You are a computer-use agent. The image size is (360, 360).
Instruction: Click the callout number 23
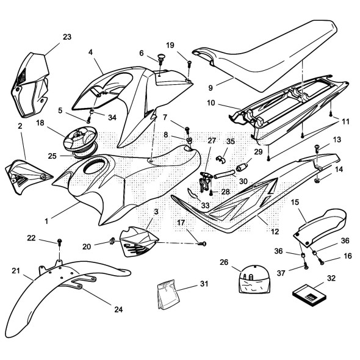pyautogui.click(x=67, y=37)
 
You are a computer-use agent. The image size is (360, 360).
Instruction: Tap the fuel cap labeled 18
pyautogui.click(x=81, y=140)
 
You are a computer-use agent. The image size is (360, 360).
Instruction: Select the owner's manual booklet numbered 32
pyautogui.click(x=309, y=296)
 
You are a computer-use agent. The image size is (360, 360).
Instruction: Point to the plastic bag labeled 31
pyautogui.click(x=168, y=294)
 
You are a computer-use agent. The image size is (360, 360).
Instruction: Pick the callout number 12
pyautogui.click(x=275, y=231)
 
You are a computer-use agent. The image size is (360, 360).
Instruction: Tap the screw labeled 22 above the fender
pyautogui.click(x=59, y=241)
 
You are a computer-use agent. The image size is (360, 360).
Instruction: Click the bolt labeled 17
pyautogui.click(x=202, y=244)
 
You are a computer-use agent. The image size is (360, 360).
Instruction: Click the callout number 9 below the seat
pyautogui.click(x=211, y=88)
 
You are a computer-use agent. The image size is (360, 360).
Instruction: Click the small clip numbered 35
pyautogui.click(x=221, y=159)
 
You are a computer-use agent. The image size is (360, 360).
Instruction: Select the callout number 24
pyautogui.click(x=118, y=309)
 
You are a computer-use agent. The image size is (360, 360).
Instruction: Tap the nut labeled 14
pyautogui.click(x=317, y=181)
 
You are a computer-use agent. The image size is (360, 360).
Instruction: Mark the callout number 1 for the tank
pyautogui.click(x=46, y=221)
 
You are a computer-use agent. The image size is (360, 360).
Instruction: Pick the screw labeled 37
pyautogui.click(x=306, y=266)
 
